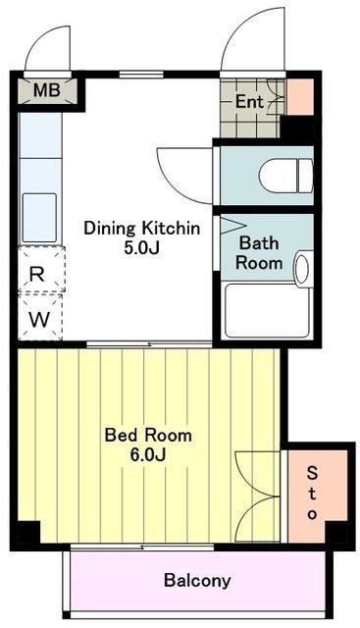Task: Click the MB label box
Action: [x=47, y=91]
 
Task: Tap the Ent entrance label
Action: [x=249, y=102]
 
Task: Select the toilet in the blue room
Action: [x=285, y=176]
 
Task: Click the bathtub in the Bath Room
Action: [x=267, y=310]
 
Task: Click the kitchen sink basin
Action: [x=39, y=218]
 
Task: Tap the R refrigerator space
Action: [x=41, y=271]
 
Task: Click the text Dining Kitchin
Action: [x=142, y=229]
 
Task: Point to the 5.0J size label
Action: [x=142, y=248]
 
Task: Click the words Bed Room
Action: [x=148, y=435]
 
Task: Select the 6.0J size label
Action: [x=148, y=455]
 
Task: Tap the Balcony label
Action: [x=197, y=580]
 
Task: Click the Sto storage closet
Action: [x=317, y=496]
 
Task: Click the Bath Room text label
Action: [x=259, y=253]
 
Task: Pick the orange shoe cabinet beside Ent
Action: [x=300, y=97]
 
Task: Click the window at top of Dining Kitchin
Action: [x=141, y=75]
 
